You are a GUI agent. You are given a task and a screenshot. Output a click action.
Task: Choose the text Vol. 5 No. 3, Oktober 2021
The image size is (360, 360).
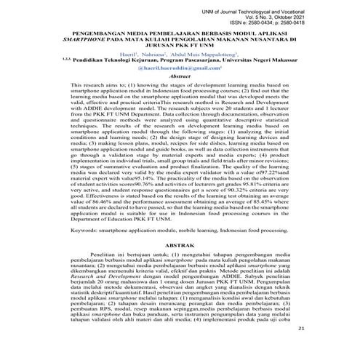pyautogui.click(x=316, y=12)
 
